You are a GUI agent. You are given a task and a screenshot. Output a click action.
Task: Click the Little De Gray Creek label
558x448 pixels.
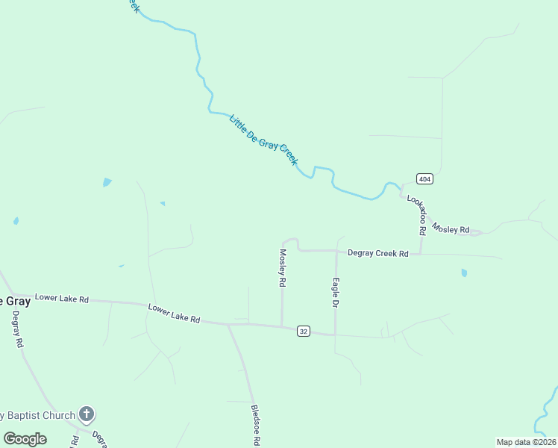[x=263, y=140]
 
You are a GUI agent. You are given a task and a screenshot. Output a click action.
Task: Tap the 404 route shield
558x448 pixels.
[x=424, y=178]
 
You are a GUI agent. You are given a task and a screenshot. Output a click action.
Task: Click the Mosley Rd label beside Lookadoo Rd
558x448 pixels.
[x=451, y=228]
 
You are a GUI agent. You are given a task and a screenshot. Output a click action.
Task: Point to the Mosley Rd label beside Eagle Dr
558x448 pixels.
[x=283, y=268]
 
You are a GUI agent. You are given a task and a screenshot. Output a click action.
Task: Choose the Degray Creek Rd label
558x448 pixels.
[x=377, y=254]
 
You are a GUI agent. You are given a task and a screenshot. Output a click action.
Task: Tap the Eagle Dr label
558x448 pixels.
[x=336, y=293]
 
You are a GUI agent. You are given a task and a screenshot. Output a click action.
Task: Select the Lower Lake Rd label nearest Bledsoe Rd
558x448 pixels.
[x=174, y=313]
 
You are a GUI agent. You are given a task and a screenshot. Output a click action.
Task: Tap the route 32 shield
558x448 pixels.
[x=303, y=331]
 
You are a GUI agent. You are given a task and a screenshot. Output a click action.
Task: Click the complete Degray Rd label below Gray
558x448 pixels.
[x=17, y=330]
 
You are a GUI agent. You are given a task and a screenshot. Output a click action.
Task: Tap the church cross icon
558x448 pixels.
[x=87, y=414]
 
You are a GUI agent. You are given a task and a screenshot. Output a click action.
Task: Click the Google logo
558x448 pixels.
[x=25, y=439]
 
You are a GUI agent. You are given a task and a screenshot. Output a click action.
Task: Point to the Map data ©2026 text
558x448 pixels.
[x=526, y=442]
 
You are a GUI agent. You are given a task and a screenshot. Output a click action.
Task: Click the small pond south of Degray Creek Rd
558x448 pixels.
[x=464, y=273]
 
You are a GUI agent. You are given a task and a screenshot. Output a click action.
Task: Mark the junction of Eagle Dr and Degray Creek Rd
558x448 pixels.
[x=336, y=252]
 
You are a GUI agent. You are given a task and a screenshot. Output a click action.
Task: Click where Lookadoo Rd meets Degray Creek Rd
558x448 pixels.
[x=421, y=253]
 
